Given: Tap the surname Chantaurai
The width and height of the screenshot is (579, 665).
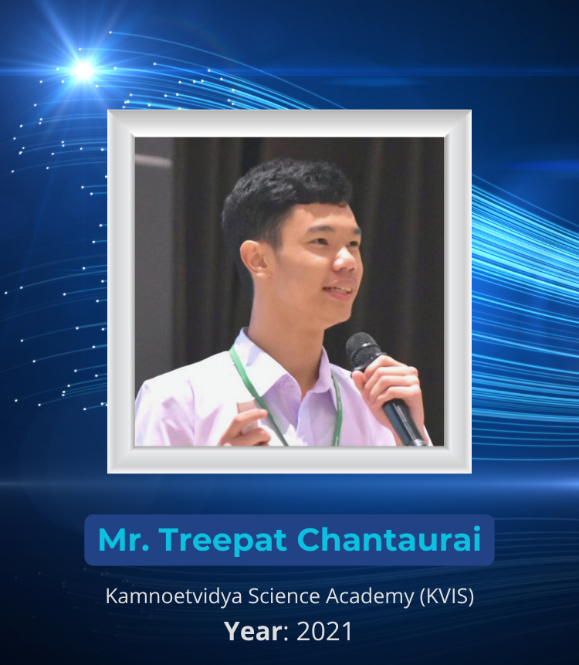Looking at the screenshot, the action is coord(389,539).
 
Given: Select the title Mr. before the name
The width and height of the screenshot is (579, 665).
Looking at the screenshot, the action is coord(124,539).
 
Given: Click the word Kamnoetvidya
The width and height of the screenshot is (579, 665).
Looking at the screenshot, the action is coord(174,597).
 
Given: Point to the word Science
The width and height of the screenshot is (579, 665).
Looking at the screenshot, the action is coord(284,595).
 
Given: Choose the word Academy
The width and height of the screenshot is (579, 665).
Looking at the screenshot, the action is coord(370,597).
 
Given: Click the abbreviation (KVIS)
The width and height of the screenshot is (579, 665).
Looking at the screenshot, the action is coord(447,596).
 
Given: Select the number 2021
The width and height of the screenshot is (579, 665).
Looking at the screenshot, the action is coord(324,632).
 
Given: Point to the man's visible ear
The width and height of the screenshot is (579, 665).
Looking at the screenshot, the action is coord(254,259).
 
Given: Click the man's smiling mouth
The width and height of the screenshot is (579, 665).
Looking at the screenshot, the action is coord(339,290).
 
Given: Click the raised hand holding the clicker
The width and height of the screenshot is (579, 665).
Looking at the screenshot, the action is coord(248,425).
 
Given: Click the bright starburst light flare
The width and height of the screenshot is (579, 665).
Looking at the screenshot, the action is coord(83,70).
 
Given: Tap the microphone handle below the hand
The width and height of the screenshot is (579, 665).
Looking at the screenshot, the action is coord(404,423).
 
